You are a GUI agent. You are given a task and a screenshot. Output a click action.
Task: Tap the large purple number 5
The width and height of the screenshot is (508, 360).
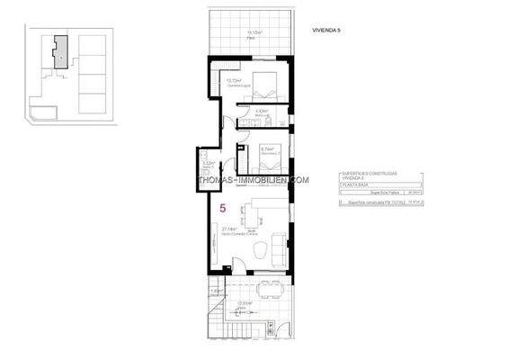pos(222,208)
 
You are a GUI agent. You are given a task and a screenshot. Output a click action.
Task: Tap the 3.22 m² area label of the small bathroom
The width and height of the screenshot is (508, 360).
pos(208,163)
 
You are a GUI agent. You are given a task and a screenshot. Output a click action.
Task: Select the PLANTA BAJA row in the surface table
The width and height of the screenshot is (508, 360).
pos(356,184)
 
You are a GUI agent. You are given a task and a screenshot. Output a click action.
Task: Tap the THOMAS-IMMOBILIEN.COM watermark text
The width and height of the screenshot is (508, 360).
pos(254,177)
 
